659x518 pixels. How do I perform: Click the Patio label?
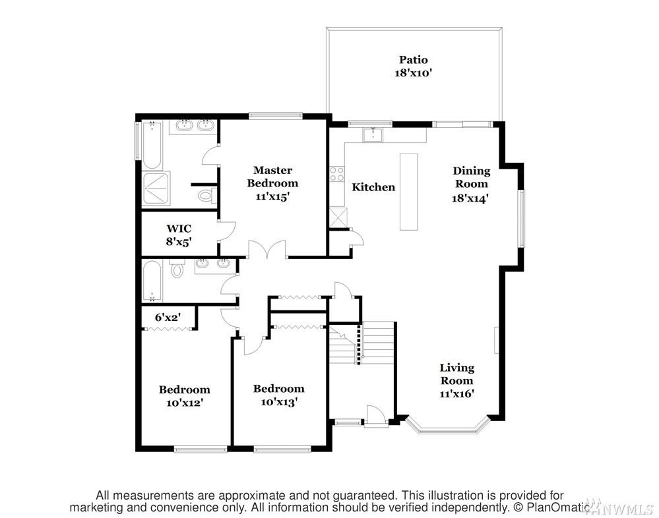click(x=414, y=59)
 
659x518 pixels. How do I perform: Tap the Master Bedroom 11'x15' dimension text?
click(x=272, y=196)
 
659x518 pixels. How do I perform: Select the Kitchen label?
click(x=373, y=187)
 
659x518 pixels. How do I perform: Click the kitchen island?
click(x=408, y=191)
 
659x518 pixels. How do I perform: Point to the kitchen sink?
click(x=373, y=134)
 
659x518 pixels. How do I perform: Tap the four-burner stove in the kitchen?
click(x=336, y=174)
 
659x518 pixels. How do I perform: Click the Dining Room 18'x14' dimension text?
click(x=470, y=198)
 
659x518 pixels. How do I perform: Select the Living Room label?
click(x=457, y=374)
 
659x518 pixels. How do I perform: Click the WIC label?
click(x=179, y=229)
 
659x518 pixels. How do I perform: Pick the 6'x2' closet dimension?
click(x=168, y=318)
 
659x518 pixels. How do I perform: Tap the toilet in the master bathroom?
click(x=207, y=195)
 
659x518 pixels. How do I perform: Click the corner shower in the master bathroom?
click(x=156, y=188)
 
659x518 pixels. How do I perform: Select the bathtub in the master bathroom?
click(x=152, y=145)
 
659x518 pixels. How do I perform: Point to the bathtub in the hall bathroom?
click(x=152, y=281)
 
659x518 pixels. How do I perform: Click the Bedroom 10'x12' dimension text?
click(x=185, y=403)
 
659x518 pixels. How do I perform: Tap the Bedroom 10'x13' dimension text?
click(x=279, y=402)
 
